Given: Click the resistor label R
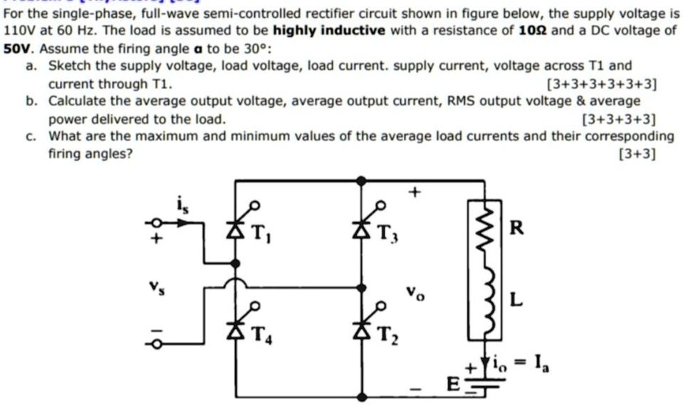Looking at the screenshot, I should coord(518,229).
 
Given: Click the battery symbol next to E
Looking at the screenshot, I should coord(481,386).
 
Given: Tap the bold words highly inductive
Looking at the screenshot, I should coord(329,30).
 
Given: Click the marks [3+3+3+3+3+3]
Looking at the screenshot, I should coord(600,84).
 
